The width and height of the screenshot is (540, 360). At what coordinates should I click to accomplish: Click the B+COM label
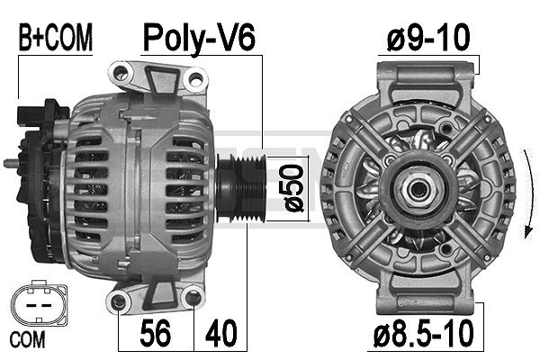(56, 38)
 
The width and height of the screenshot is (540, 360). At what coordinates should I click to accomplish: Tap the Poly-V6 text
(200, 38)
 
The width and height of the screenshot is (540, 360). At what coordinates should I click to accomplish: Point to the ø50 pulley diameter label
(293, 187)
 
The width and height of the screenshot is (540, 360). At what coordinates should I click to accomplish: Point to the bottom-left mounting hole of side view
(121, 301)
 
